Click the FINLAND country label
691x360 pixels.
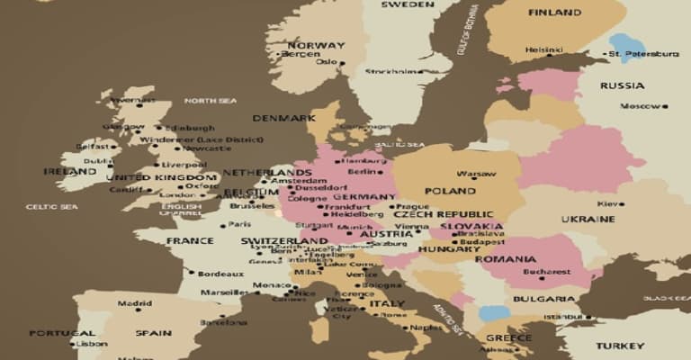[x=554, y=13]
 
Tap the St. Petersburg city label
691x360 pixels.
[x=643, y=54]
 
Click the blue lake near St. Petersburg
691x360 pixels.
[x=626, y=46]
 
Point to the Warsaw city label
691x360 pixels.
[x=475, y=173]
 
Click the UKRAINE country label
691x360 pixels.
[x=588, y=219]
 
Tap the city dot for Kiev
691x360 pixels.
[x=621, y=204]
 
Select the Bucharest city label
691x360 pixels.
[x=548, y=271]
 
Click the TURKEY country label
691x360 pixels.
[x=620, y=346]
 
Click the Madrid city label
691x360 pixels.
[x=134, y=303]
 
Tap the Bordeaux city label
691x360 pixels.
[x=220, y=274]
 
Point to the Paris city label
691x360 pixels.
[x=238, y=224]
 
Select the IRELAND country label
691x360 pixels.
[x=70, y=171]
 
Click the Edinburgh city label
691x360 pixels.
[x=190, y=128]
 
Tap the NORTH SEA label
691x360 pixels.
[x=210, y=100]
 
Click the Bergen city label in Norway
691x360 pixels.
[x=301, y=54]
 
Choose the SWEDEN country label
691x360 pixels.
[x=407, y=4]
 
